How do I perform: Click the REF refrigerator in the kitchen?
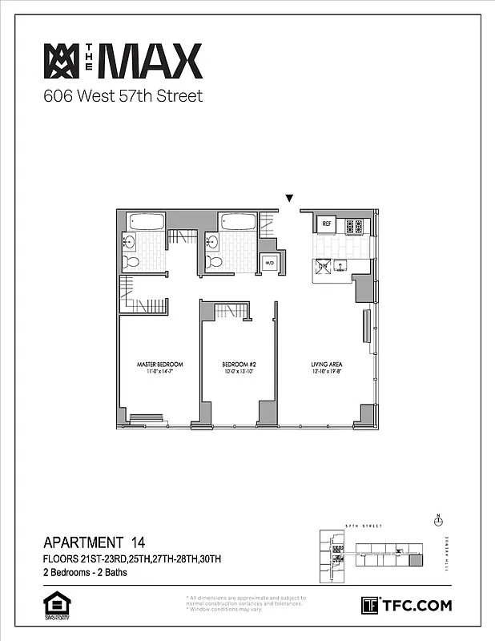(x=326, y=225)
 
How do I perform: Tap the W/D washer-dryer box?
(x=270, y=263)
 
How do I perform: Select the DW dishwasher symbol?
(x=324, y=268)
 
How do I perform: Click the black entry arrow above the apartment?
(x=290, y=198)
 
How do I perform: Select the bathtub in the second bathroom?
(x=238, y=221)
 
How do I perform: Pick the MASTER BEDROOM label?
(x=159, y=365)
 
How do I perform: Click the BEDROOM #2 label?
(x=238, y=365)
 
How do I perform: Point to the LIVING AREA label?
(x=326, y=365)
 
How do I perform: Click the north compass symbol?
(x=437, y=521)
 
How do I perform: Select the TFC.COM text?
(x=417, y=605)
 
